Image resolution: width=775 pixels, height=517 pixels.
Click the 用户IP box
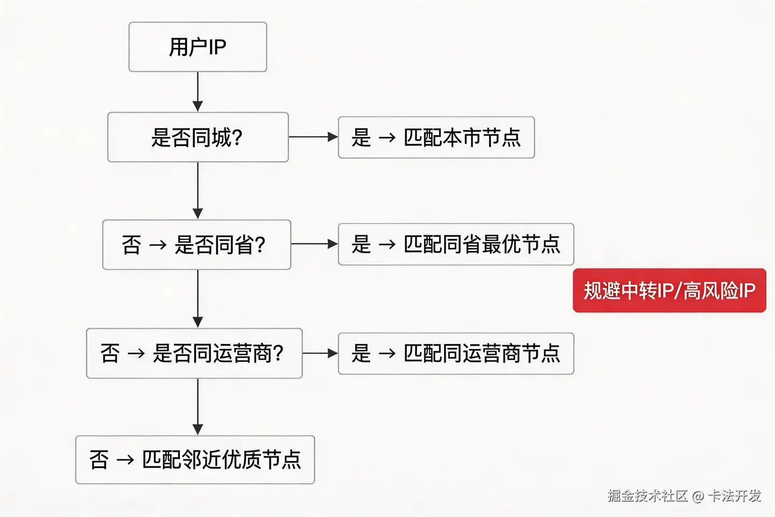(198, 47)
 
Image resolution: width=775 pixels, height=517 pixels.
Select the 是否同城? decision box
(198, 137)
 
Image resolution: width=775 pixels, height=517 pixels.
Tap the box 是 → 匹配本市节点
(436, 137)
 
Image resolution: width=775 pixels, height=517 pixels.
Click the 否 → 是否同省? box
(196, 244)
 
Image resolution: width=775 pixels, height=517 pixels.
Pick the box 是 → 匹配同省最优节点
(456, 244)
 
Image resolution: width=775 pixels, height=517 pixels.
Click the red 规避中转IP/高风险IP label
(669, 291)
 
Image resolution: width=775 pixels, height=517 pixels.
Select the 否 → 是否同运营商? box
(194, 353)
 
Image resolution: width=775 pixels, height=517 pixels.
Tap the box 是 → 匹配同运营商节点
(456, 354)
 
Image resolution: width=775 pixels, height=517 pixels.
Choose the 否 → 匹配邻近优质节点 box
(195, 460)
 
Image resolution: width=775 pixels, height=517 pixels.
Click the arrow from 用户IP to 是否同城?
(198, 92)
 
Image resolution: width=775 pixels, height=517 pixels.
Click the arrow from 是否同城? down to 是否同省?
(198, 191)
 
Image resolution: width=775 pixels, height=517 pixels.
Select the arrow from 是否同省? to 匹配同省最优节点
(314, 244)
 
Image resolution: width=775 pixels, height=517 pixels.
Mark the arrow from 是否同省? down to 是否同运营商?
(198, 299)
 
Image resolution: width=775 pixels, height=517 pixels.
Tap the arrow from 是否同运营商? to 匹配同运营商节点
(320, 353)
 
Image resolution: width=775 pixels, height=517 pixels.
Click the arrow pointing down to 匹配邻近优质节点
(198, 407)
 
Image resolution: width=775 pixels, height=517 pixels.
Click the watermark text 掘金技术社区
(648, 495)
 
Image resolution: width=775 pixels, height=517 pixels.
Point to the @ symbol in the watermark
(698, 496)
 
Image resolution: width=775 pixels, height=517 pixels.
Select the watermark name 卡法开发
(734, 495)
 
